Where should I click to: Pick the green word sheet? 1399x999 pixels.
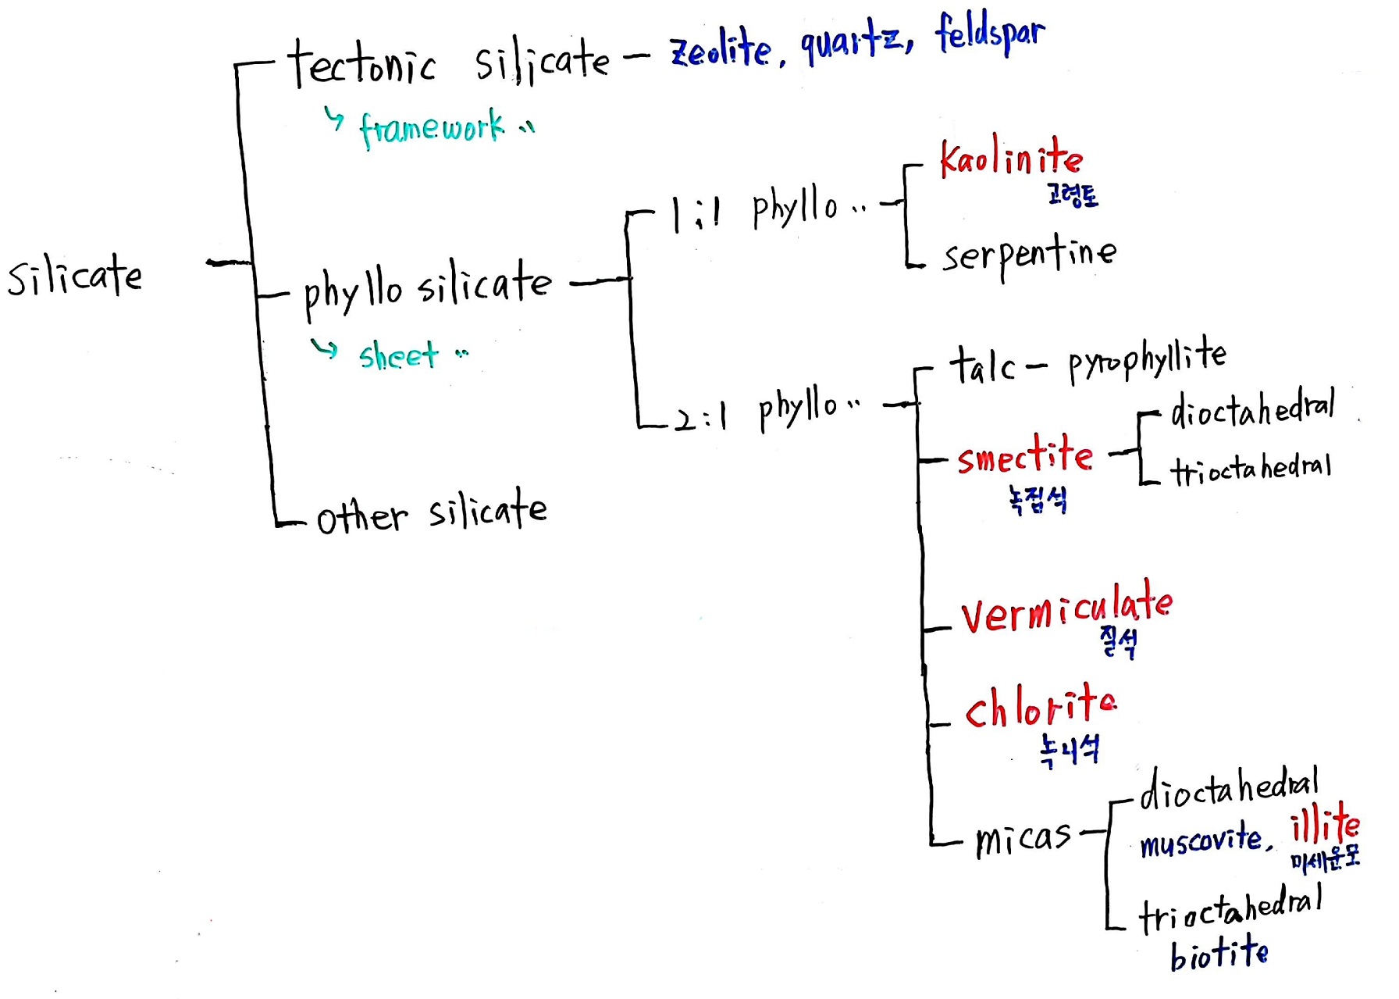pos(399,355)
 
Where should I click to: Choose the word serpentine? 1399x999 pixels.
pos(1030,255)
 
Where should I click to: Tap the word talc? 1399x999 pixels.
pos(982,366)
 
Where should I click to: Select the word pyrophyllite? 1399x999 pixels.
pos(1148,358)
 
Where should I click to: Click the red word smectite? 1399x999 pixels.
pos(1025,455)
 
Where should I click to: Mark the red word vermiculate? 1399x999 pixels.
pos(1066,607)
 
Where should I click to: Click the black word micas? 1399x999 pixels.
pos(1023,839)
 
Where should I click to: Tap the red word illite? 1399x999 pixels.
pos(1325,823)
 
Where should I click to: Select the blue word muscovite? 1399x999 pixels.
pos(1201,840)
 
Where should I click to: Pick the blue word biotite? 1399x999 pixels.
pos(1219,953)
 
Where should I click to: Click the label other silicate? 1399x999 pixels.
pos(432,512)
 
